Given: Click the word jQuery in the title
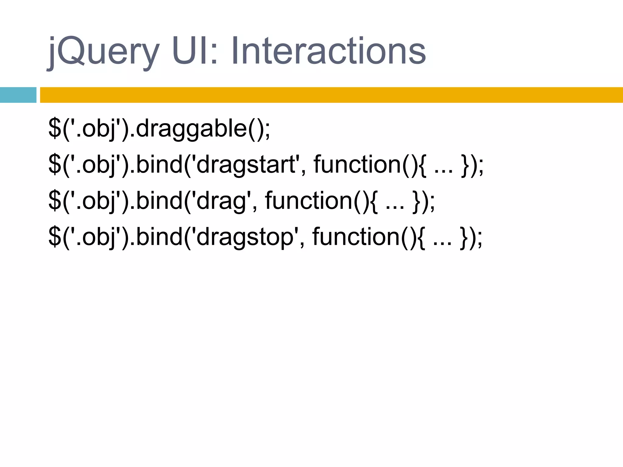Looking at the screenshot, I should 103,52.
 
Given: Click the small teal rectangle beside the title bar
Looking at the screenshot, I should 18,95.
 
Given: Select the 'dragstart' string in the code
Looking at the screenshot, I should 246,165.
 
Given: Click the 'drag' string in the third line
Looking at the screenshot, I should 222,201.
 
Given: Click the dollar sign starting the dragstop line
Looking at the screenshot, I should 55,237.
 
